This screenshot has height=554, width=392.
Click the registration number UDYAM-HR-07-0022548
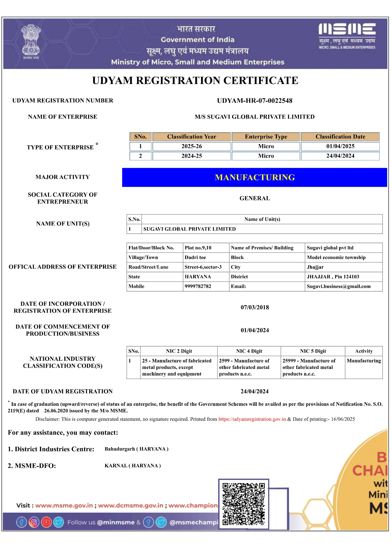254,101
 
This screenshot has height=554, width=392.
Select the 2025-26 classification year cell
192,146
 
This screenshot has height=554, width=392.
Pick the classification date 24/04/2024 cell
340,156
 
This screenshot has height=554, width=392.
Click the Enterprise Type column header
266,137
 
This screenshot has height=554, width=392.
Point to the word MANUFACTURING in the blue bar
255,178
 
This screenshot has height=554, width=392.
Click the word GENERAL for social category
254,198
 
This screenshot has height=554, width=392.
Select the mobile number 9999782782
198,286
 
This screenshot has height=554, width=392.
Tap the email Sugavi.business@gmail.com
338,286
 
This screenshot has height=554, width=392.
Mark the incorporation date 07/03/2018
254,307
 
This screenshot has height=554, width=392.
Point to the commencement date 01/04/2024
254,330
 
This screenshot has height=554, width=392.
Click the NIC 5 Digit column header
313,351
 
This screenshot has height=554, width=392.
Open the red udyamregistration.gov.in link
252,419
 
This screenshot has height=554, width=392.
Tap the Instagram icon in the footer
34,522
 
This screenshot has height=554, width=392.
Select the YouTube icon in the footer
46,522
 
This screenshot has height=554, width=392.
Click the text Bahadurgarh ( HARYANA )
136,449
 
